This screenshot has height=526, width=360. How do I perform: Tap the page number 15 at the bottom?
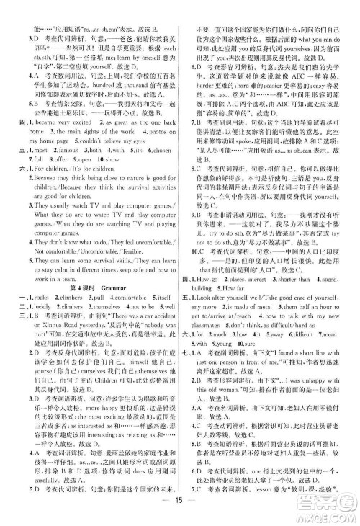(x=179, y=514)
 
